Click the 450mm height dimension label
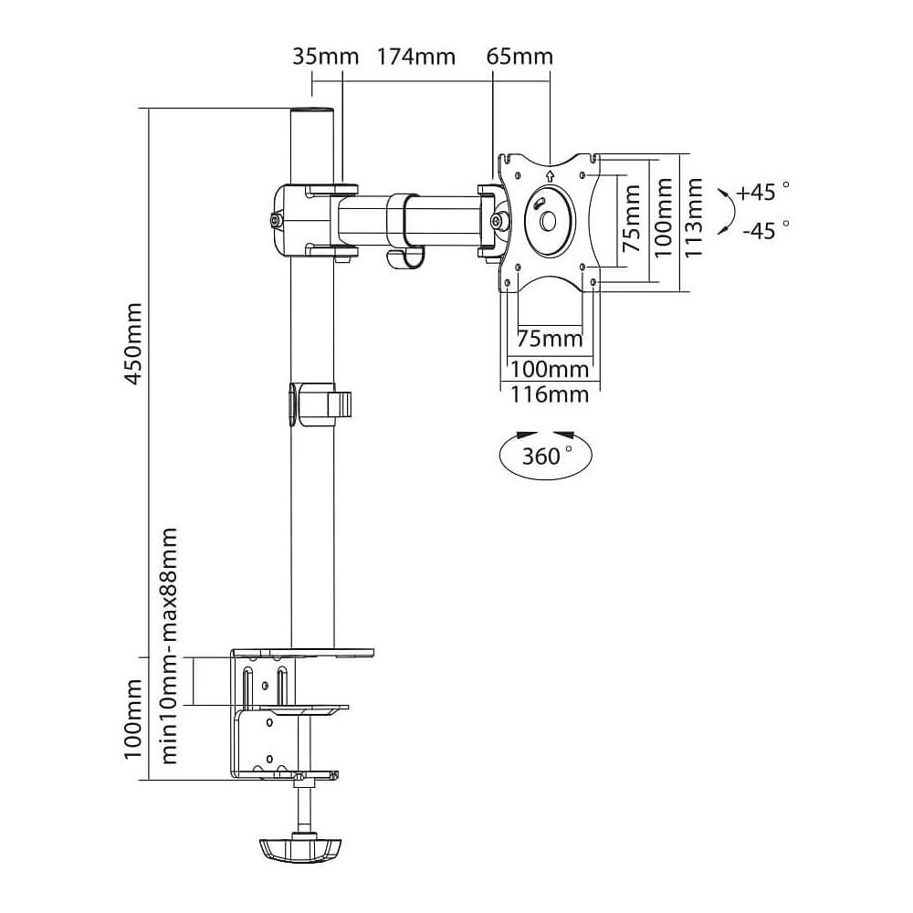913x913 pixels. (134, 343)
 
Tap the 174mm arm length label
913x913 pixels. (415, 57)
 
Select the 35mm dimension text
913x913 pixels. (326, 57)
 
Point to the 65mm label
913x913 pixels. (519, 57)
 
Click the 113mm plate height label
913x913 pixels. (693, 217)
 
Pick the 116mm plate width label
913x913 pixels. (550, 394)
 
